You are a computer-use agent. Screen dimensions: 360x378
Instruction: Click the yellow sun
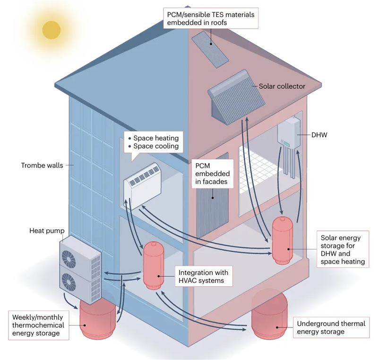(52, 29)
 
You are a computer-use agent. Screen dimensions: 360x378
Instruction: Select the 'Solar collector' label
(282, 87)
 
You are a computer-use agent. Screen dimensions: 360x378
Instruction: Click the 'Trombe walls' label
(42, 166)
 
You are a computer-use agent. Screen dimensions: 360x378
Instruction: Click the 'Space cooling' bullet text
(155, 146)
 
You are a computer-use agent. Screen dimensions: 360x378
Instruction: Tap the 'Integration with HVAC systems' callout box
(203, 277)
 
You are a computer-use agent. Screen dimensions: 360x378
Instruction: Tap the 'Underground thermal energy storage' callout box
(331, 327)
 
